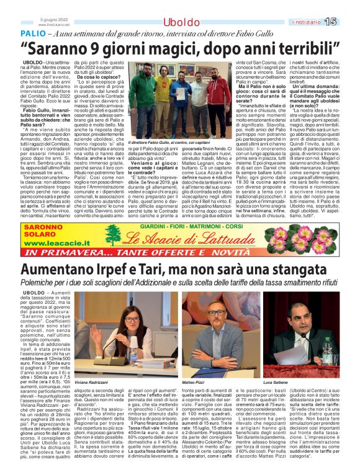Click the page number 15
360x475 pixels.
click(347, 22)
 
